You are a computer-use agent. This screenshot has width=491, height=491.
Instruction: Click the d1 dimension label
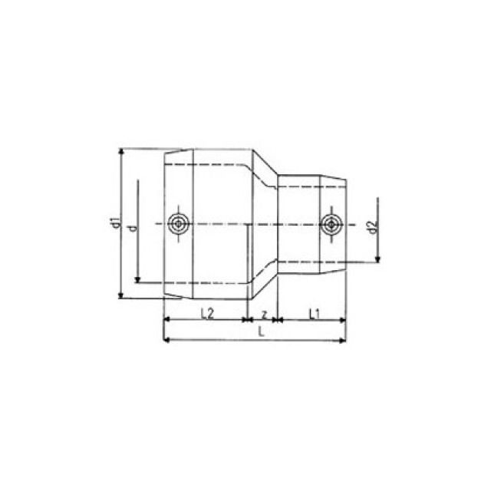113,224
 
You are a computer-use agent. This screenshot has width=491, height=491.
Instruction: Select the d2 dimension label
371,228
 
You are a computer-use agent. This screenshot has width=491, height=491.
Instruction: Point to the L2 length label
206,313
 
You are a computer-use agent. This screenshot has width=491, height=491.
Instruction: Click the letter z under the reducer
263,313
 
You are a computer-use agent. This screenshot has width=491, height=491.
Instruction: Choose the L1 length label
314,313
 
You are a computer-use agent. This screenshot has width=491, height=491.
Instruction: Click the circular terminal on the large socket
178,224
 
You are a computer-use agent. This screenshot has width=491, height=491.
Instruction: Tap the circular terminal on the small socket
330,224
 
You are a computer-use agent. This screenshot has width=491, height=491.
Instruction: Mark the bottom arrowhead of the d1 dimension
121,294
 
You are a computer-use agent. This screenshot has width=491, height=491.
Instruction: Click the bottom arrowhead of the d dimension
137,278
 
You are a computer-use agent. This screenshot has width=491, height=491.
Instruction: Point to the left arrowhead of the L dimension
167,339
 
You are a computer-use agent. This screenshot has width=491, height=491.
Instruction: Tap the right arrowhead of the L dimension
346,339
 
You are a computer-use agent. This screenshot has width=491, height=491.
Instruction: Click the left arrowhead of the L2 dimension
167,321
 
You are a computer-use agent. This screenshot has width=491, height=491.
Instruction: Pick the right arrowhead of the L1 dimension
346,321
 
